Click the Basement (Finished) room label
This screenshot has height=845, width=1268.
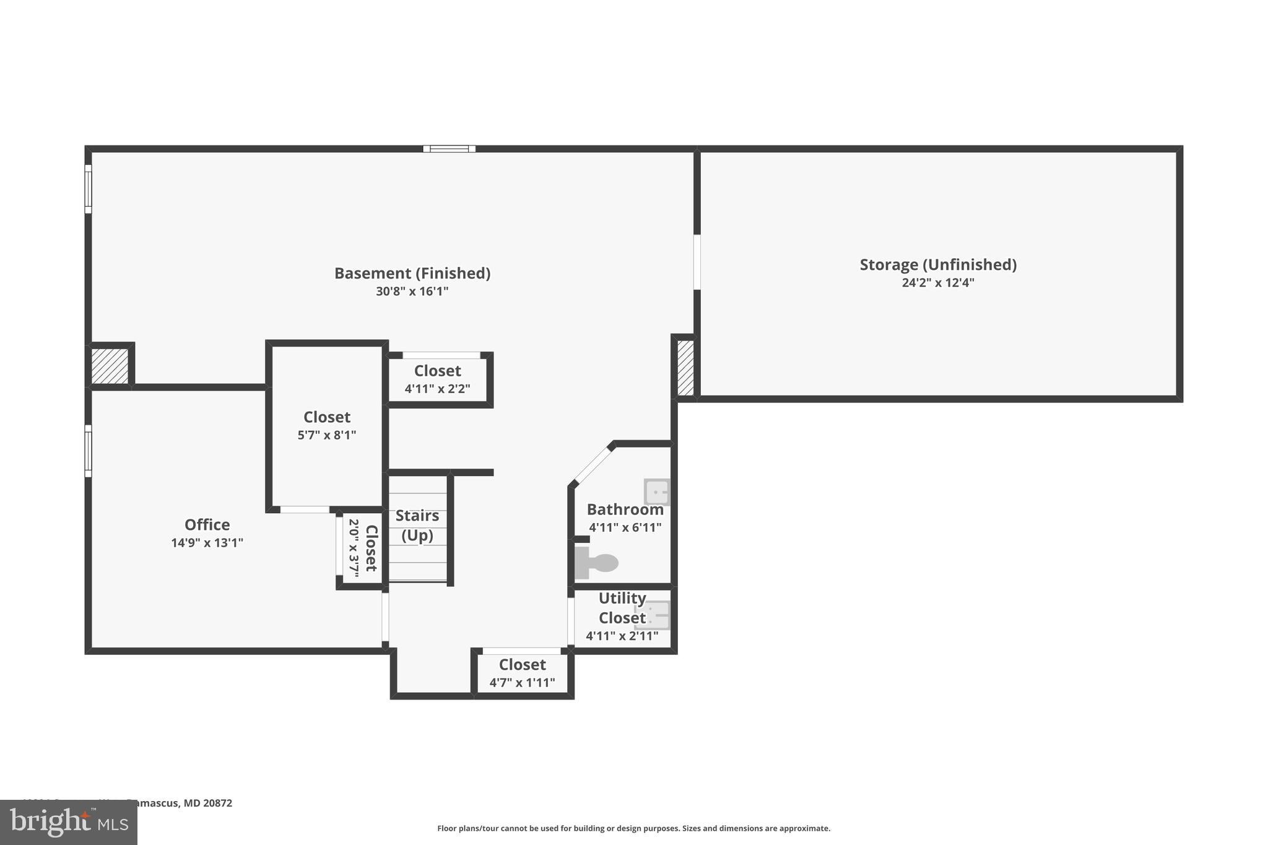click(412, 273)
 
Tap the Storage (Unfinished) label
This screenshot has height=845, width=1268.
click(938, 264)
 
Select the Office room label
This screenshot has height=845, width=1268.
click(207, 524)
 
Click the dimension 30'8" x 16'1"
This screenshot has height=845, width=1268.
click(412, 291)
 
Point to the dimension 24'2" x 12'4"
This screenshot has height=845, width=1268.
click(938, 283)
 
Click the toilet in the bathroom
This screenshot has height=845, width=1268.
click(597, 563)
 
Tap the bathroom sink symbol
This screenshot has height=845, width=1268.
click(656, 492)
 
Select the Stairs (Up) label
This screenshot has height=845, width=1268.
click(417, 525)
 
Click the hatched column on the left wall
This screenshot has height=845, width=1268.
click(110, 366)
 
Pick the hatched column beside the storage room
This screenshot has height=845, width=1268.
click(685, 368)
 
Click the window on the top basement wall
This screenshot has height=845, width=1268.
click(449, 149)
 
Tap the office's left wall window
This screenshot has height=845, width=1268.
click(88, 451)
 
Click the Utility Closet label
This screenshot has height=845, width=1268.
click(622, 608)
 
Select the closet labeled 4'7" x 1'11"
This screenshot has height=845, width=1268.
click(522, 672)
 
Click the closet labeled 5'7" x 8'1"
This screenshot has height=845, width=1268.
click(327, 425)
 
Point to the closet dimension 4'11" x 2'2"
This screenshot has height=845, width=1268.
click(437, 389)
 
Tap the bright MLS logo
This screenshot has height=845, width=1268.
click(69, 822)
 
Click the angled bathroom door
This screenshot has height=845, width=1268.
click(591, 465)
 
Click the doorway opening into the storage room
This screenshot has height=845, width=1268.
click(697, 262)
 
